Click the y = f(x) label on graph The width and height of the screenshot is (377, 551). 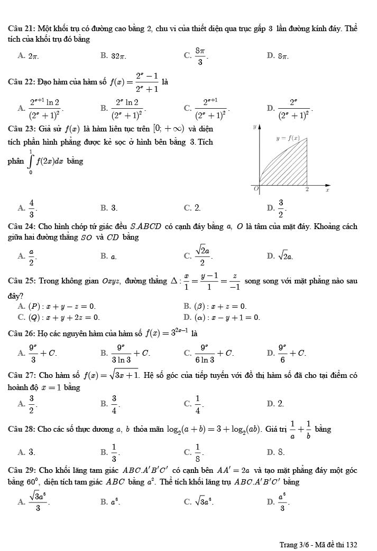tap(288, 138)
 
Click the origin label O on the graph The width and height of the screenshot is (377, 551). tap(256, 188)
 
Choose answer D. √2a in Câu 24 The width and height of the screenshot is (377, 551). tap(280, 256)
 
